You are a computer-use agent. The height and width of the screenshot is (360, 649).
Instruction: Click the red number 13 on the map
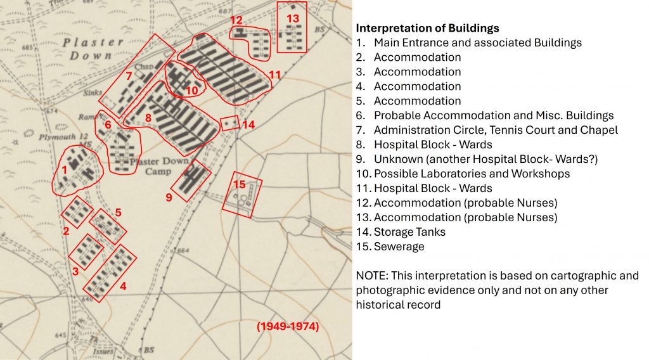tap(292, 18)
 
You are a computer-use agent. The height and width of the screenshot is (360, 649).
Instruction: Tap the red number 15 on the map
tap(239, 184)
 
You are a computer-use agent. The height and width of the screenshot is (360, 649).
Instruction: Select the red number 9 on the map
tap(169, 197)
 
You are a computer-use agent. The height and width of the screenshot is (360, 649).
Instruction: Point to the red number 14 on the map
tap(248, 125)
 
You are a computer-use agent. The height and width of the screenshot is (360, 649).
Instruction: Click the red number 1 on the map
tap(64, 169)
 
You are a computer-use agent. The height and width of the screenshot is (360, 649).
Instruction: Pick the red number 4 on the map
tap(123, 286)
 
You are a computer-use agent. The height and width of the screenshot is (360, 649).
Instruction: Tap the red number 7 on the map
tap(129, 76)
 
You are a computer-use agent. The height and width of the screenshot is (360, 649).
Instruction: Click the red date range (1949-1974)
tap(287, 327)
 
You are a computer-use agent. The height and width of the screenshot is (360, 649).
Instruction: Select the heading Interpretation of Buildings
tap(427, 29)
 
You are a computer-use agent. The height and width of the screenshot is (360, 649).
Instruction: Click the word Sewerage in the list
tap(399, 247)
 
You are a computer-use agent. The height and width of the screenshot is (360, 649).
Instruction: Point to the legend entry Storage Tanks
tap(409, 232)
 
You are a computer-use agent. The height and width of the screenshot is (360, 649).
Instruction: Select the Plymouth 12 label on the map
tap(58, 137)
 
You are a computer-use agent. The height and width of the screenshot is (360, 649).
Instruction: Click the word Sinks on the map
tap(92, 93)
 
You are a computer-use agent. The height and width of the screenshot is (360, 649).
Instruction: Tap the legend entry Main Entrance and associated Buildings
tap(477, 43)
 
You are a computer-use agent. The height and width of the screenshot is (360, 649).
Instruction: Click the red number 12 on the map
tap(236, 20)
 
